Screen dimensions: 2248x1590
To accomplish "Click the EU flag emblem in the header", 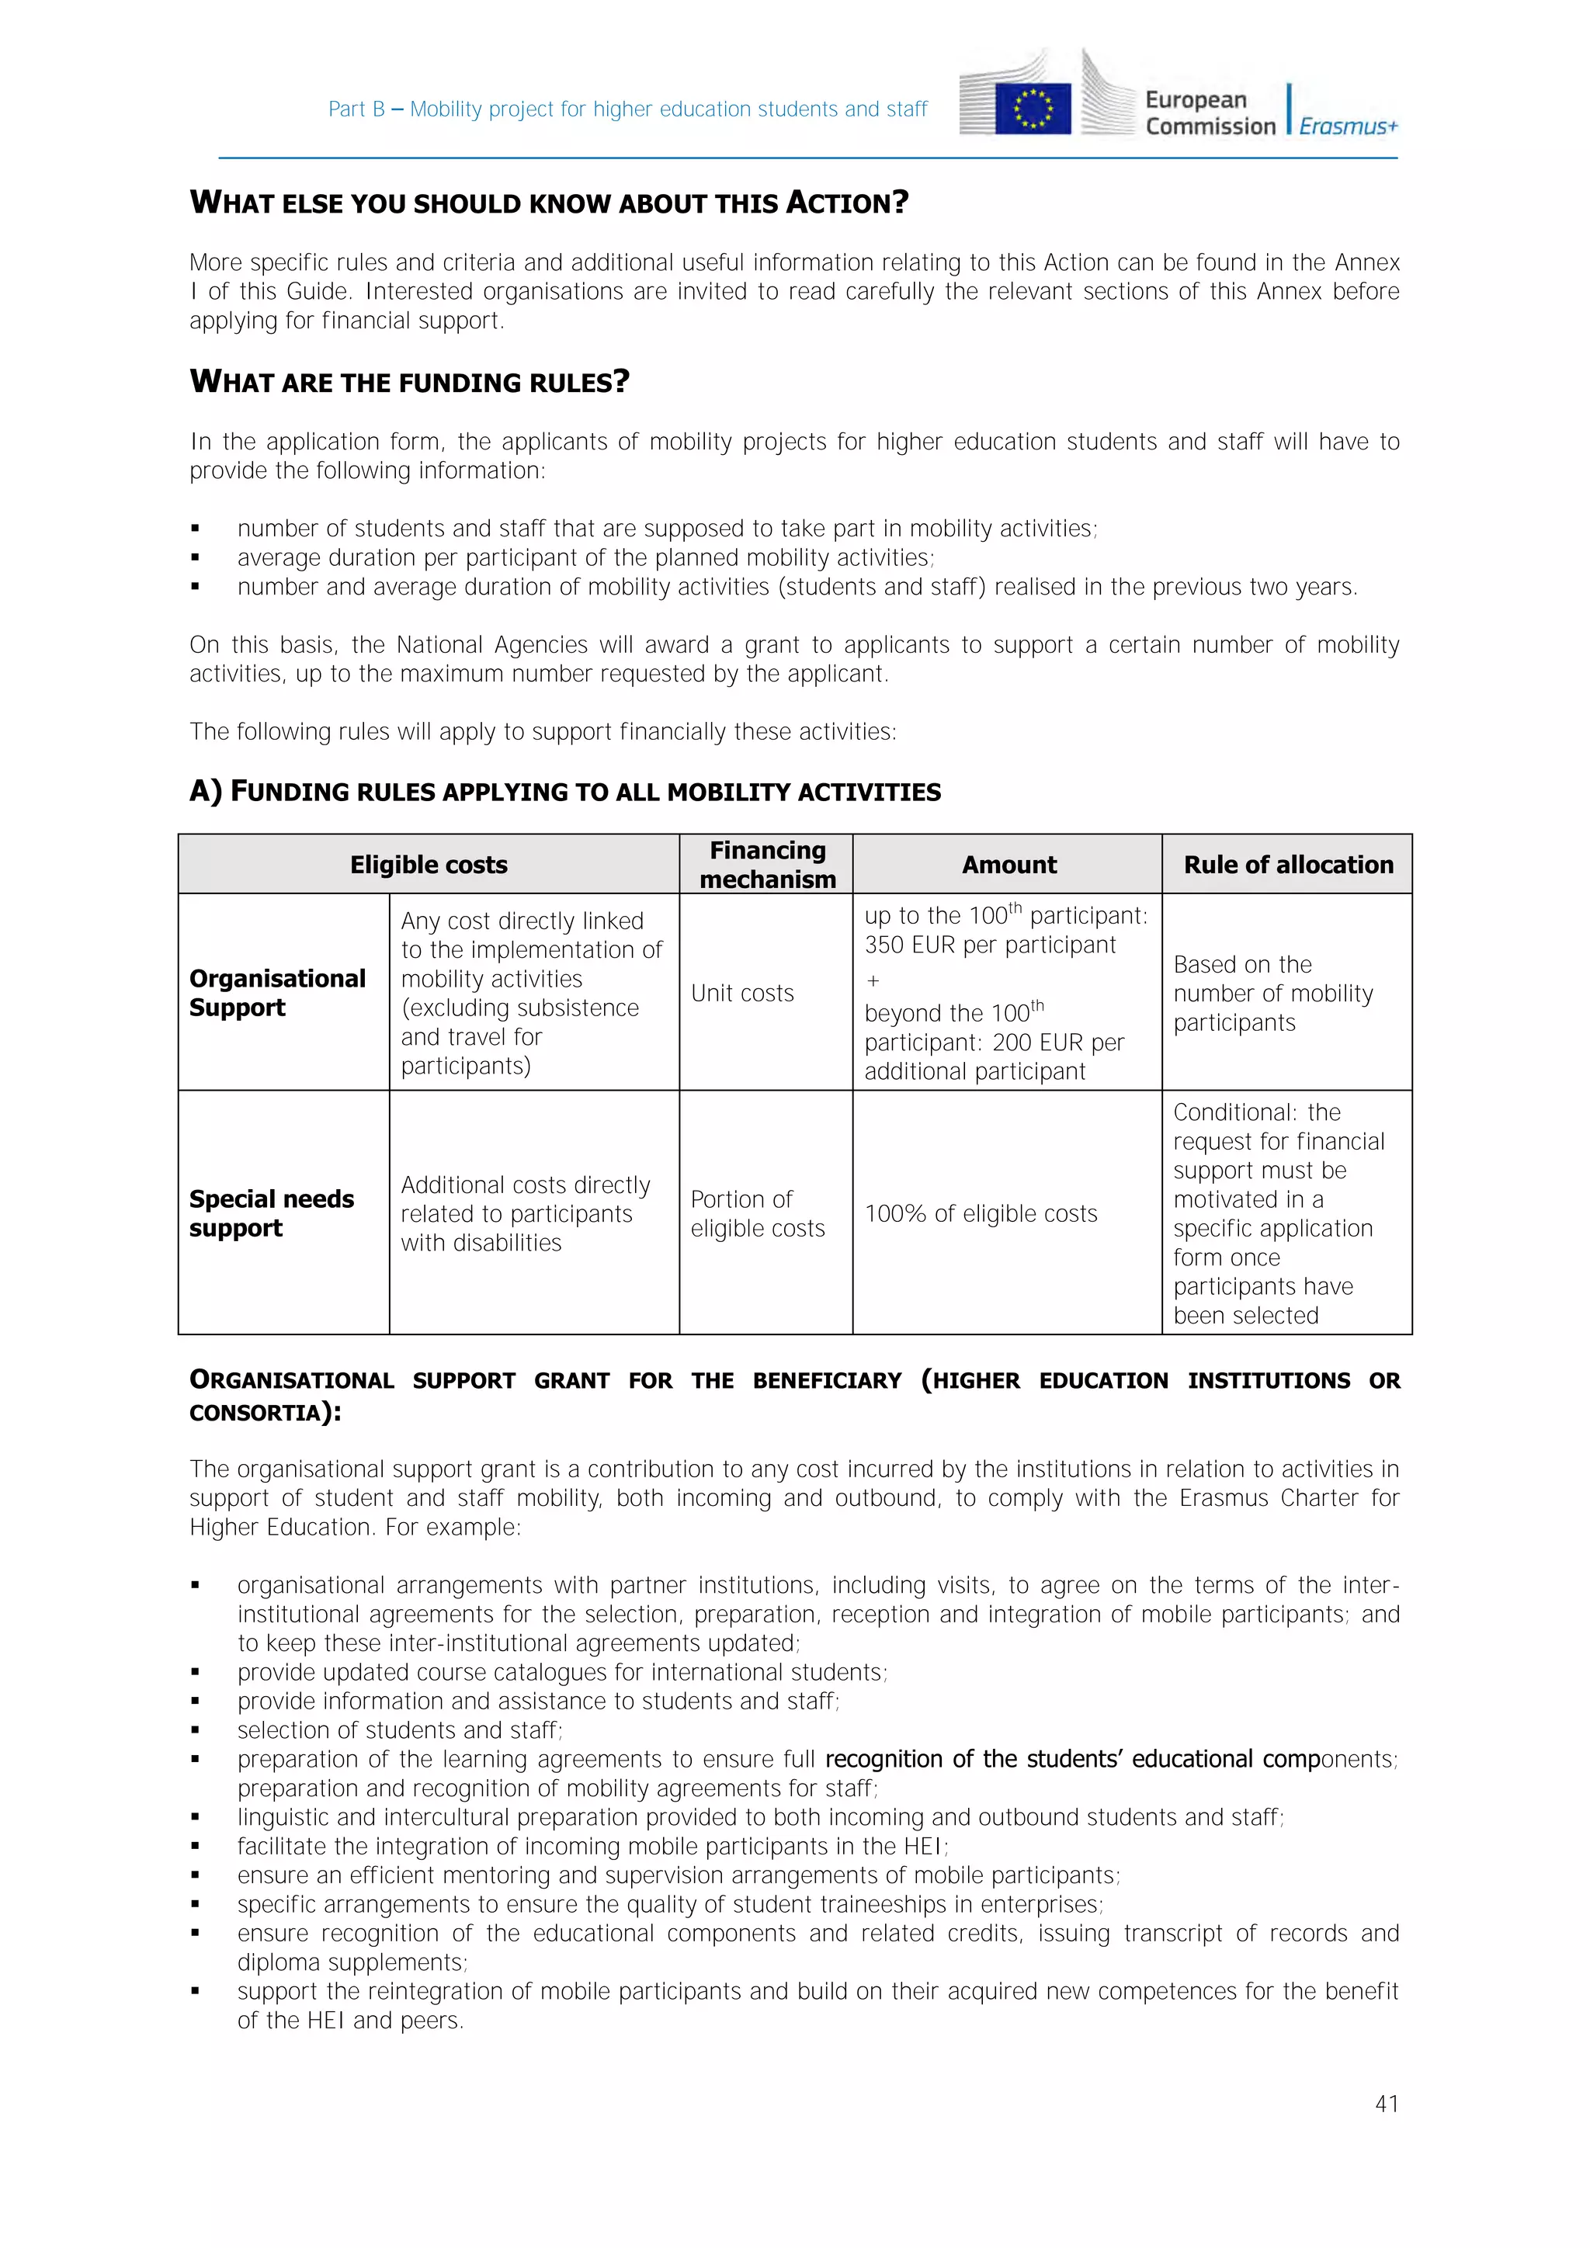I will click(x=1032, y=108).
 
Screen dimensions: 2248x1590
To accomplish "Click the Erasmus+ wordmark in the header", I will click(x=1349, y=127).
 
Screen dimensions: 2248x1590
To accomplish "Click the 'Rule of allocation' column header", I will click(x=1287, y=865).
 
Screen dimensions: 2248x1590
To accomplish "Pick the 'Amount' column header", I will click(x=1009, y=865).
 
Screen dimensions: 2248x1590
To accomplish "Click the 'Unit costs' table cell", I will click(x=742, y=993).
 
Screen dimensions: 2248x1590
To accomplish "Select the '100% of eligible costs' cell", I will click(x=980, y=1213).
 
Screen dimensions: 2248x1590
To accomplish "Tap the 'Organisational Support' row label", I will click(x=277, y=993).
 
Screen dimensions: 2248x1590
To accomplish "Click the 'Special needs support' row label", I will click(x=271, y=1213).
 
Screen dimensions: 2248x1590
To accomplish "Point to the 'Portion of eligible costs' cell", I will click(x=757, y=1213).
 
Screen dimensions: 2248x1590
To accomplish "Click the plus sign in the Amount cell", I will click(x=873, y=981).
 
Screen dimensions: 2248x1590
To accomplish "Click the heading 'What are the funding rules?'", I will click(x=409, y=382).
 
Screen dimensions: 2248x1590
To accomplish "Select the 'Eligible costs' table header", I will click(x=429, y=865).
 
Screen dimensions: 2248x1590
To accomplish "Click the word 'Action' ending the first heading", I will click(x=847, y=203).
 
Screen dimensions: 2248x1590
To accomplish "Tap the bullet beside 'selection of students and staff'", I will click(x=196, y=1730).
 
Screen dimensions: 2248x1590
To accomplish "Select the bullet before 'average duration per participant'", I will click(x=196, y=558).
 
